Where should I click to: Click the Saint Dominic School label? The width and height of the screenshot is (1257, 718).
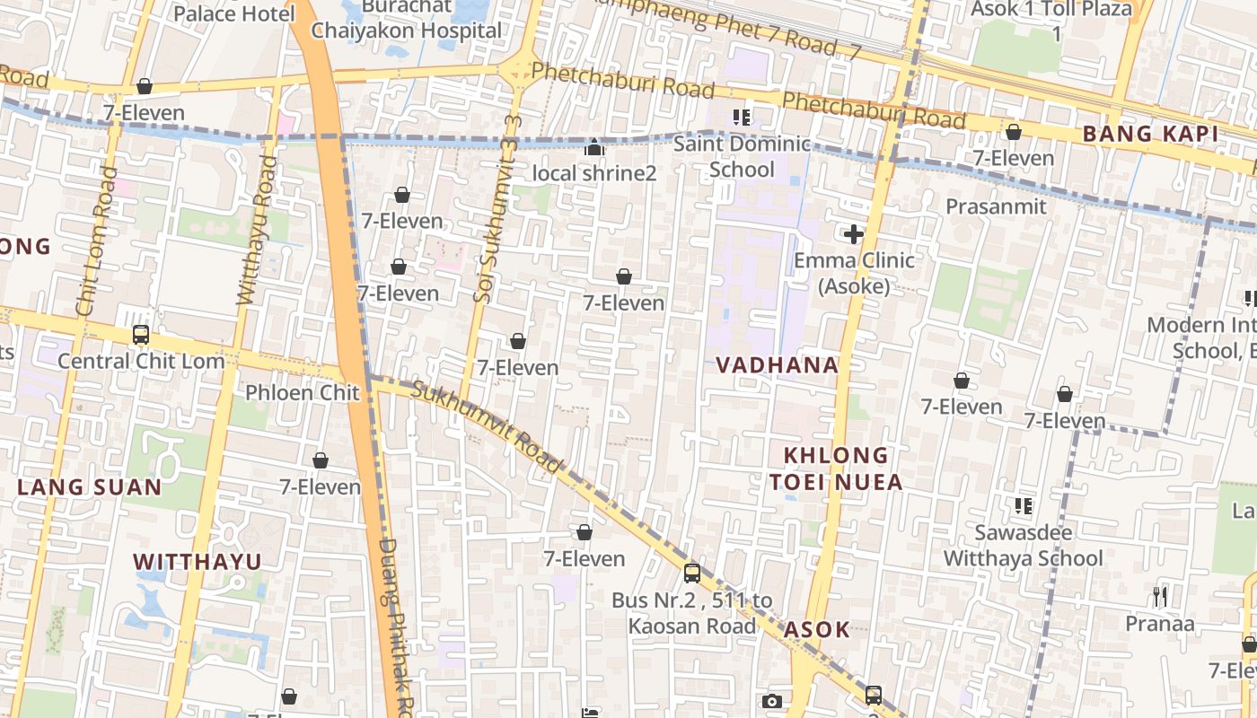tap(742, 157)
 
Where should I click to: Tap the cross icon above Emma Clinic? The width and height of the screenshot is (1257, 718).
tap(853, 235)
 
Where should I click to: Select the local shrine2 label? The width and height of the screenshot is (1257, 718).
tap(594, 172)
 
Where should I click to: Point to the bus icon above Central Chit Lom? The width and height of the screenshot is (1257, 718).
tap(141, 335)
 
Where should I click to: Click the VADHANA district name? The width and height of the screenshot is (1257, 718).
tap(778, 365)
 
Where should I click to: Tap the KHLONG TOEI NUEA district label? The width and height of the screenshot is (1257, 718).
tap(836, 468)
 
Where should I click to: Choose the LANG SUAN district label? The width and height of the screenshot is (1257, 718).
tap(90, 487)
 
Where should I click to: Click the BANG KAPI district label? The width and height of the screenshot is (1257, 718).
tap(1150, 135)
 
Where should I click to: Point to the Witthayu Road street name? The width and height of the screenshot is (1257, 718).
tap(255, 231)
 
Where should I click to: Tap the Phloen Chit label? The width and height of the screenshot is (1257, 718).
tap(303, 392)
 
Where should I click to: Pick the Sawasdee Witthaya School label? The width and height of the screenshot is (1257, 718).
tap(1023, 546)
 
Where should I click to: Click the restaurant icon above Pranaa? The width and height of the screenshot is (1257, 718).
tap(1159, 596)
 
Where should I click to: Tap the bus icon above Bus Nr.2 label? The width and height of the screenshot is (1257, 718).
tap(691, 574)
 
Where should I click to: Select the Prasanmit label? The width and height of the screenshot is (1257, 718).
tap(996, 206)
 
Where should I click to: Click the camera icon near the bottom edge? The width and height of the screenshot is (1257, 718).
tap(771, 701)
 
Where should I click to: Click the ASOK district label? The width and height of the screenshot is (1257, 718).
tap(816, 629)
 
